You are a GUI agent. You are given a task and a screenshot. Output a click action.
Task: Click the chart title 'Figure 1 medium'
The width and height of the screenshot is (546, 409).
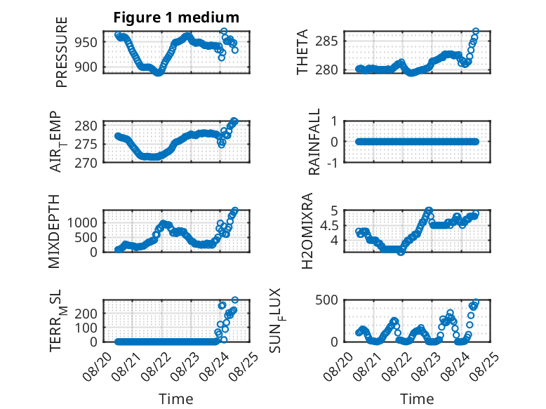pyautogui.click(x=176, y=18)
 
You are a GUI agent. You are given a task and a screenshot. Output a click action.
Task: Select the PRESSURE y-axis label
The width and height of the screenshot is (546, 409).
pyautogui.click(x=61, y=52)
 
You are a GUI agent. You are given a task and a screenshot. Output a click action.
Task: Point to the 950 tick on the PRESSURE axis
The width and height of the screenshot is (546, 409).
pyautogui.click(x=86, y=43)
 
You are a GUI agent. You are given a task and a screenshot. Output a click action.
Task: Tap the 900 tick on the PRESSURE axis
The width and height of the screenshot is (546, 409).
pyautogui.click(x=86, y=67)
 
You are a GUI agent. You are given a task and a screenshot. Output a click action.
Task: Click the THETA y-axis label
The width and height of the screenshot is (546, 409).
pyautogui.click(x=302, y=52)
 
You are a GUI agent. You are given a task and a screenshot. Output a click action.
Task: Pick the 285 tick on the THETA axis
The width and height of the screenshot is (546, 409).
pyautogui.click(x=326, y=41)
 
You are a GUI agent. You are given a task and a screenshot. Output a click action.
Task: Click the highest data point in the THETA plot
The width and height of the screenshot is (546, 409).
pyautogui.click(x=476, y=32)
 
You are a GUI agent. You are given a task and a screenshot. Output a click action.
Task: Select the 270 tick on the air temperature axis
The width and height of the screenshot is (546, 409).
pyautogui.click(x=86, y=163)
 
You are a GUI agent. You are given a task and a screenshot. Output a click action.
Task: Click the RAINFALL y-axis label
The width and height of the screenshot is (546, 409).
pyautogui.click(x=314, y=142)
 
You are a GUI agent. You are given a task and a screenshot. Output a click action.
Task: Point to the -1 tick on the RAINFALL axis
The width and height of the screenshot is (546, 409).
pyautogui.click(x=333, y=163)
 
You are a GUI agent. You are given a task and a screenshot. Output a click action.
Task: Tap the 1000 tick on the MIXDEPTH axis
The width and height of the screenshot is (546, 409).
pyautogui.click(x=82, y=222)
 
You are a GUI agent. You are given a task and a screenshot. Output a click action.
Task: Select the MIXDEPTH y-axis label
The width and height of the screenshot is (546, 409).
pyautogui.click(x=54, y=232)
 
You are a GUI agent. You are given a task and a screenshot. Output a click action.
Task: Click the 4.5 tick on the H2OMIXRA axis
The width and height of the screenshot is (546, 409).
pyautogui.click(x=328, y=226)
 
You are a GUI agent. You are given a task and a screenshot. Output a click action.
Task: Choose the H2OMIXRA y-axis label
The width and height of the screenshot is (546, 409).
pyautogui.click(x=307, y=231)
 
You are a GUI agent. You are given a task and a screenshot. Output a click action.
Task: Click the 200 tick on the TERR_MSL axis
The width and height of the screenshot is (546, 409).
pyautogui.click(x=86, y=314)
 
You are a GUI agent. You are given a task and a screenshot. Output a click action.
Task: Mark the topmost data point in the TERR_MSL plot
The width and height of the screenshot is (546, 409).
pyautogui.click(x=235, y=300)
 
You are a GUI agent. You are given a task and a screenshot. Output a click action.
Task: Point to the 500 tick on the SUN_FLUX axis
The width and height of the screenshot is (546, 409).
pyautogui.click(x=326, y=300)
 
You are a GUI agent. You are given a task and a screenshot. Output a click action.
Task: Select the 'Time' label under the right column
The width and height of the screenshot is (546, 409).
pyautogui.click(x=417, y=399)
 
